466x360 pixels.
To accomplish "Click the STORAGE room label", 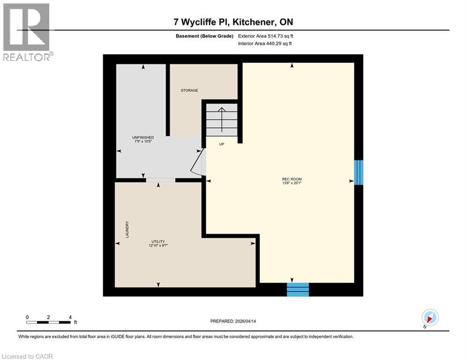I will click(190, 90).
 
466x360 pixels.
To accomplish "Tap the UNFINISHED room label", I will click(143, 137).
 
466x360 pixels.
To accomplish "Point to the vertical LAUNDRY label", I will click(127, 230).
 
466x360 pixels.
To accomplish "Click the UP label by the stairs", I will click(222, 144).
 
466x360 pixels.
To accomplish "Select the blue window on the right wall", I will click(358, 172).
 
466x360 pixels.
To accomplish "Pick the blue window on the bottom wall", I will click(298, 290).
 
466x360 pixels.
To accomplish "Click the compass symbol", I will click(429, 318).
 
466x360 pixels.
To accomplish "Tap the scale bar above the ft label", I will click(48, 322).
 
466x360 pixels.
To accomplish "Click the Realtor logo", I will click(27, 31).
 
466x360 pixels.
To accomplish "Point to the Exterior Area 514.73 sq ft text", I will click(266, 36).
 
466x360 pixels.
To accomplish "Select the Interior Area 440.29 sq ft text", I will click(266, 44).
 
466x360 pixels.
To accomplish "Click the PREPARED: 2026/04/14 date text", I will click(234, 321).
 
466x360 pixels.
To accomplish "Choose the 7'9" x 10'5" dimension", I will click(143, 142).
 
